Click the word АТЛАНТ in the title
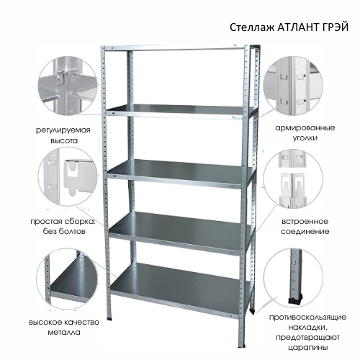pyautogui.click(x=297, y=27)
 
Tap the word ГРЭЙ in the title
pyautogui.click(x=334, y=27)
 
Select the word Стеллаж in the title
pyautogui.click(x=252, y=27)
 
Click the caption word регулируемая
pyautogui.click(x=63, y=130)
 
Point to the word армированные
pyautogui.click(x=305, y=128)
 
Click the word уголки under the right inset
pyautogui.click(x=305, y=138)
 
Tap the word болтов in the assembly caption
pyautogui.click(x=72, y=231)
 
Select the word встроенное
pyautogui.click(x=305, y=221)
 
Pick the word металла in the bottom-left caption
pyautogui.click(x=64, y=333)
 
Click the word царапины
pyautogui.click(x=308, y=348)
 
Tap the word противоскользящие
pyautogui.click(x=307, y=318)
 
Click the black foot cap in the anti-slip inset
pyautogui.click(x=294, y=300)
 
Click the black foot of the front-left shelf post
pyautogui.click(x=109, y=319)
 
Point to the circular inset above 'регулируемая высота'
pyautogui.click(x=68, y=86)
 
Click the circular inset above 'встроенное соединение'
pyautogui.click(x=293, y=179)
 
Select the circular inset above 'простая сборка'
pyautogui.click(x=68, y=176)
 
